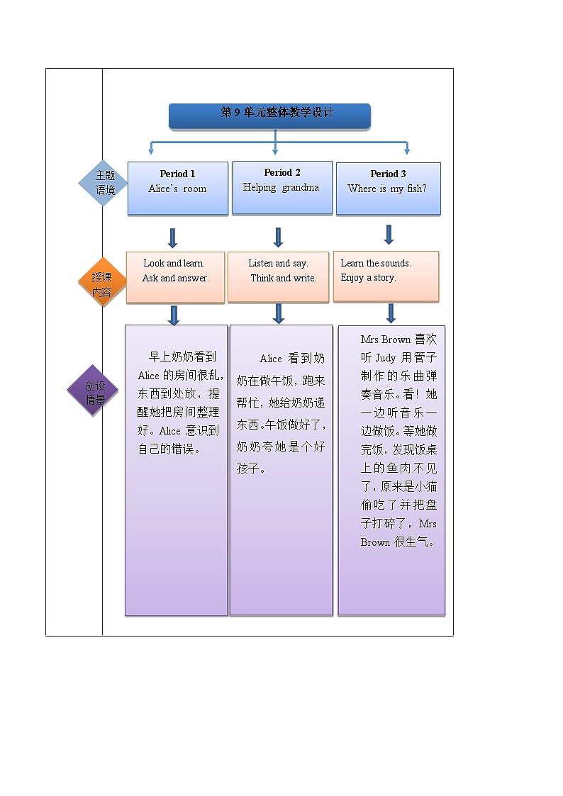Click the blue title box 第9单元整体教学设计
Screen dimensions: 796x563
coord(269,116)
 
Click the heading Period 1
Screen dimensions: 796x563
coord(177,174)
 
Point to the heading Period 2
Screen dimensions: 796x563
coord(282,172)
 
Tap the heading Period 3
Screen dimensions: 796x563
coord(388,174)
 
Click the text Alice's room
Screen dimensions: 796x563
coord(177,189)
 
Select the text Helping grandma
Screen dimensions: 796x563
coord(281,188)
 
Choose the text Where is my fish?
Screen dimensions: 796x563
coord(387,189)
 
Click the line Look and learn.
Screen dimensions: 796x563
coord(174,263)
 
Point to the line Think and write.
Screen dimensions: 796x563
coord(283,279)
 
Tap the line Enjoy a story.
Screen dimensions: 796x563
coord(368,278)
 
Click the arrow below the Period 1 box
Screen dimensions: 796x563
coord(172,237)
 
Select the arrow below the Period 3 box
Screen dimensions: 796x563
coord(389,235)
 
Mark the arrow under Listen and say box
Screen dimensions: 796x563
coord(279,313)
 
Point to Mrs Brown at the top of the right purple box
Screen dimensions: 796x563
coord(385,340)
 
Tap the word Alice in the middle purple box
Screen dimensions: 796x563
coord(271,359)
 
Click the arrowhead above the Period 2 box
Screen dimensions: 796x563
coord(275,151)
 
